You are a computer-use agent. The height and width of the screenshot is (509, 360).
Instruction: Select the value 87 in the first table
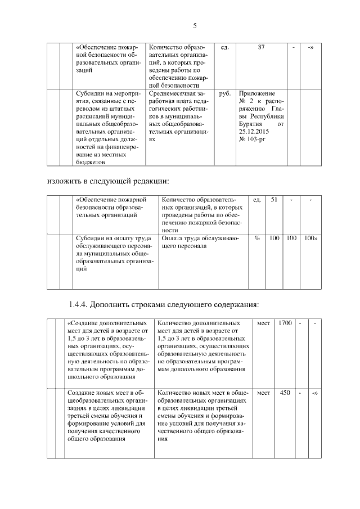tap(262, 47)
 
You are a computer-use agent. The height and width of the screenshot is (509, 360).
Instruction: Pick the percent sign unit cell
tap(257, 238)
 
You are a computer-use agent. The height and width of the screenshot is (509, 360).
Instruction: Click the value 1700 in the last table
tap(285, 323)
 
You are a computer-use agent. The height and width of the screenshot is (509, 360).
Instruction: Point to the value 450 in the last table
tap(285, 392)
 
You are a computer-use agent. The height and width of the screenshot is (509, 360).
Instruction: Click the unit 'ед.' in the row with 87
tap(225, 47)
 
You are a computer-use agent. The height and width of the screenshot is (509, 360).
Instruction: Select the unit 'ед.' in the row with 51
tap(257, 200)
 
